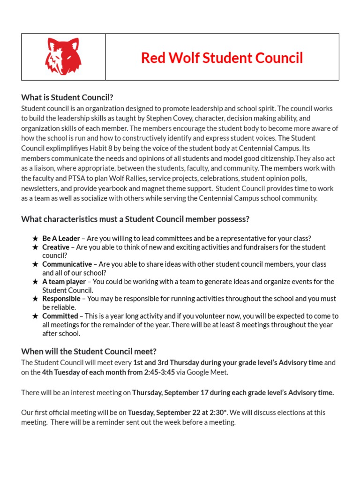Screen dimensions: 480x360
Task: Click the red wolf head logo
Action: pyautogui.click(x=63, y=57)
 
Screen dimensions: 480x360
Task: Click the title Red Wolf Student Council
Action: pyautogui.click(x=222, y=58)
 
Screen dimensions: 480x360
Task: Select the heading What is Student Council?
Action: pyautogui.click(x=67, y=97)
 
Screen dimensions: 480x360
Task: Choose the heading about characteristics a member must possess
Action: pyautogui.click(x=135, y=219)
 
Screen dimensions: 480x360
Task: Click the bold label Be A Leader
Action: pyautogui.click(x=61, y=238)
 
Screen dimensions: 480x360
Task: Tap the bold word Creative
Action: pyautogui.click(x=56, y=247)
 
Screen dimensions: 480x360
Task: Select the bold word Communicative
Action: pyautogui.click(x=67, y=264)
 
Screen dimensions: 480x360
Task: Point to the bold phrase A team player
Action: pyautogui.click(x=64, y=282)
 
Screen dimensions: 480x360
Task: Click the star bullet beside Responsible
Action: pyautogui.click(x=35, y=299)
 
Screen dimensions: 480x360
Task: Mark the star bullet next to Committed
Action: pyautogui.click(x=35, y=316)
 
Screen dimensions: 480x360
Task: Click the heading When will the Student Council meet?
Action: pyautogui.click(x=89, y=352)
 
